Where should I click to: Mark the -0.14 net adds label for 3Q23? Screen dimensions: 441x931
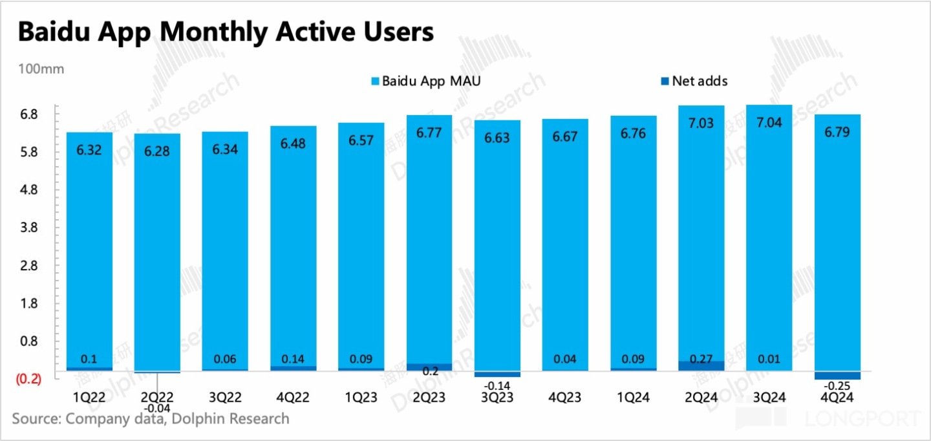tap(496, 386)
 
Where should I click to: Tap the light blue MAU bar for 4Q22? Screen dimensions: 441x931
tap(293, 246)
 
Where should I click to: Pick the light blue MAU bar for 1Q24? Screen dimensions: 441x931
tap(633, 246)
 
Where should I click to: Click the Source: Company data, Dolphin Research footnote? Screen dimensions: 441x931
tap(151, 418)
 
